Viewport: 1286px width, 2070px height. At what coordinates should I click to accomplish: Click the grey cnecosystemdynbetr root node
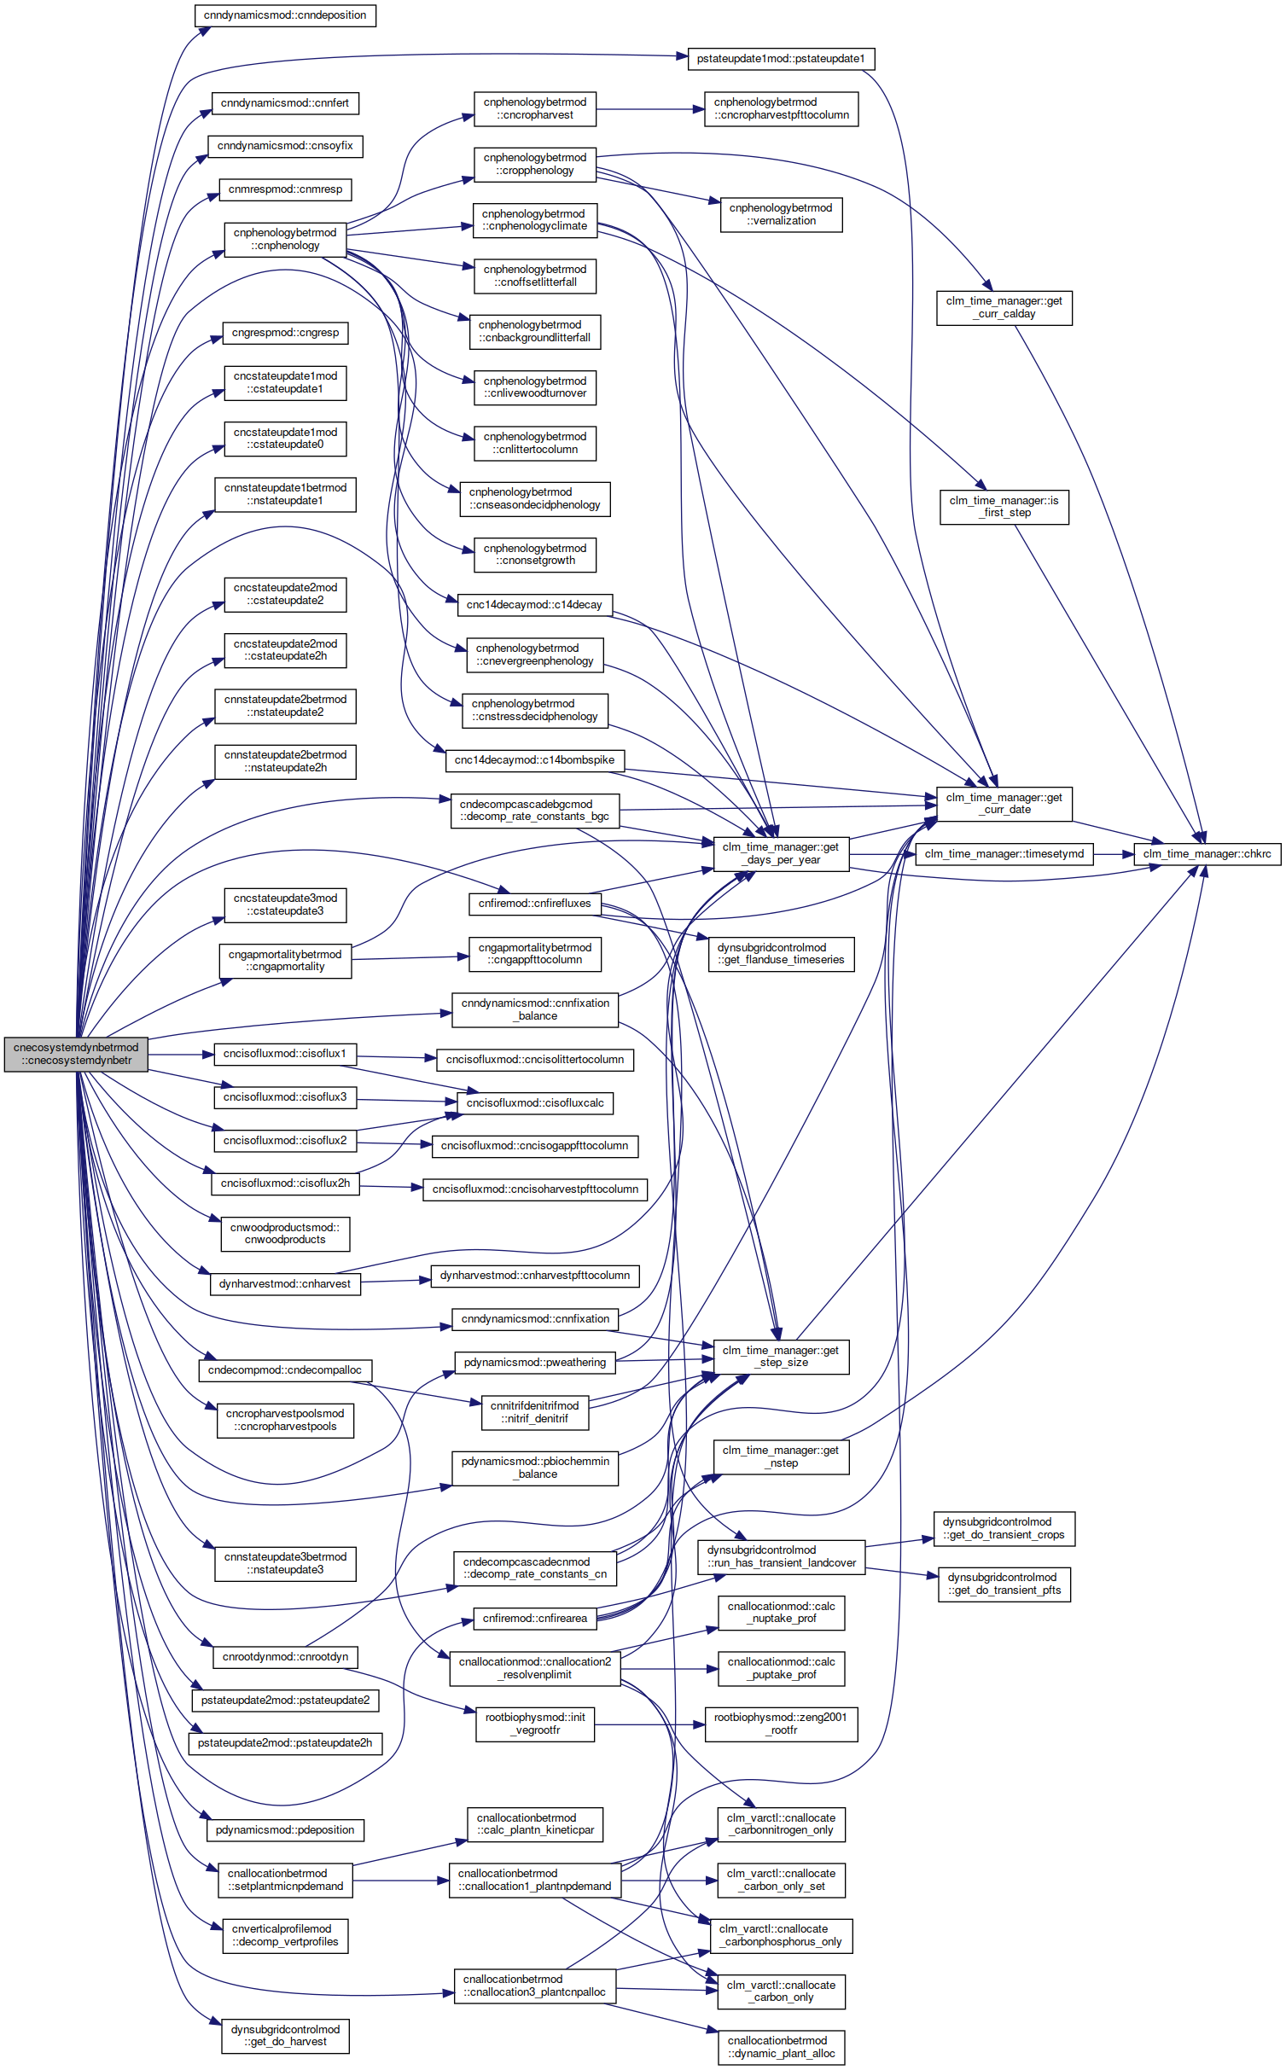point(76,1054)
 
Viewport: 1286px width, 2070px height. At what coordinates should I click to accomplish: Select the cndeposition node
point(285,15)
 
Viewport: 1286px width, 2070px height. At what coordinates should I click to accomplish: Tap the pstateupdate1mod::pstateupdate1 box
point(781,59)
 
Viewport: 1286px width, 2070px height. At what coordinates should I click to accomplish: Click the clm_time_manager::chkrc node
point(1207,853)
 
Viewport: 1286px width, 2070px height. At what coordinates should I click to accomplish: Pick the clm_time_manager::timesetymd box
point(1004,853)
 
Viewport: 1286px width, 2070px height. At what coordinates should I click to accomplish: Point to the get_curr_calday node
point(1004,307)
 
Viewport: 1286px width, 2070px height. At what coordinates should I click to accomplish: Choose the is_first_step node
point(1004,507)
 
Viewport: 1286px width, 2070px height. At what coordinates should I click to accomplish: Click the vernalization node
point(782,214)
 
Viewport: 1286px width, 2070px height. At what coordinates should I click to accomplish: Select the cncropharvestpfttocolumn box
point(782,109)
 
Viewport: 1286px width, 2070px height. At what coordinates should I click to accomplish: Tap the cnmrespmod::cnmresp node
point(285,189)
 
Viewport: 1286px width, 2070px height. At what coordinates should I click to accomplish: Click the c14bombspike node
point(535,760)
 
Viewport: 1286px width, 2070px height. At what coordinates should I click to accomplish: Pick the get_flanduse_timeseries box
point(781,954)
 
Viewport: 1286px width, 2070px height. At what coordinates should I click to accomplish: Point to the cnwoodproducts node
point(285,1234)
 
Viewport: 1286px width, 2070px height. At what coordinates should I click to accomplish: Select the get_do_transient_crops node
point(1004,1528)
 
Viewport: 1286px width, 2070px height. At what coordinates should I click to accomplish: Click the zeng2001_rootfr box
point(782,1724)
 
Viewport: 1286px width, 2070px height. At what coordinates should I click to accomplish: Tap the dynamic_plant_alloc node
point(782,2047)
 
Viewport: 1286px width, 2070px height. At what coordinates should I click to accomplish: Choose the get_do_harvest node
point(285,2036)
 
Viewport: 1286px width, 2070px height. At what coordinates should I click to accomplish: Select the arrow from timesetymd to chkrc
point(1114,853)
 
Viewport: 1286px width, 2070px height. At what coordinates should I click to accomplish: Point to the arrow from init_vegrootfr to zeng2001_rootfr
point(649,1724)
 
